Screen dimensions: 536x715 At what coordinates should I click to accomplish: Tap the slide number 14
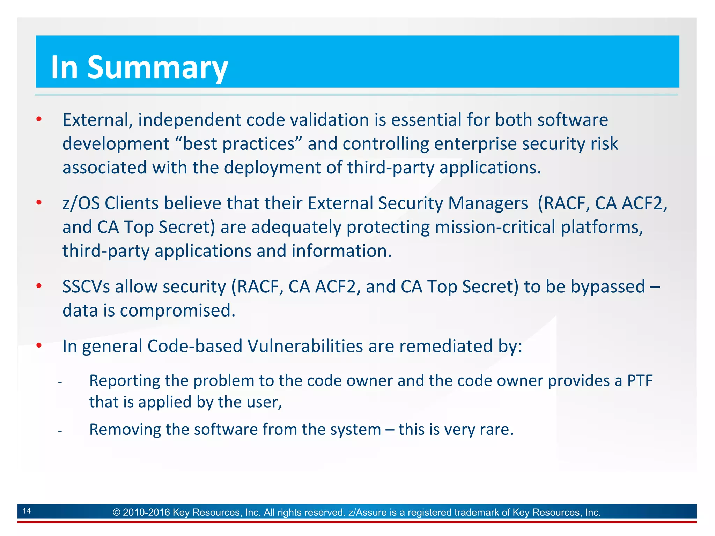(27, 511)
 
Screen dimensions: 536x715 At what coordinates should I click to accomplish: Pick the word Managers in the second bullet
(488, 203)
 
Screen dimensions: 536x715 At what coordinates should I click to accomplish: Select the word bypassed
(608, 287)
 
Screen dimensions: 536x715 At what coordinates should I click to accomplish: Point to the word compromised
(177, 311)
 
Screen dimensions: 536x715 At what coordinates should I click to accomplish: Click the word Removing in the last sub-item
(125, 430)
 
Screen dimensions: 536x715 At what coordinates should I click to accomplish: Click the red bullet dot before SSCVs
(39, 286)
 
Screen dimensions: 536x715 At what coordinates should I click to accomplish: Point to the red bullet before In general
(39, 346)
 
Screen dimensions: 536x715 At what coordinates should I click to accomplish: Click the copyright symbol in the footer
(117, 512)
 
